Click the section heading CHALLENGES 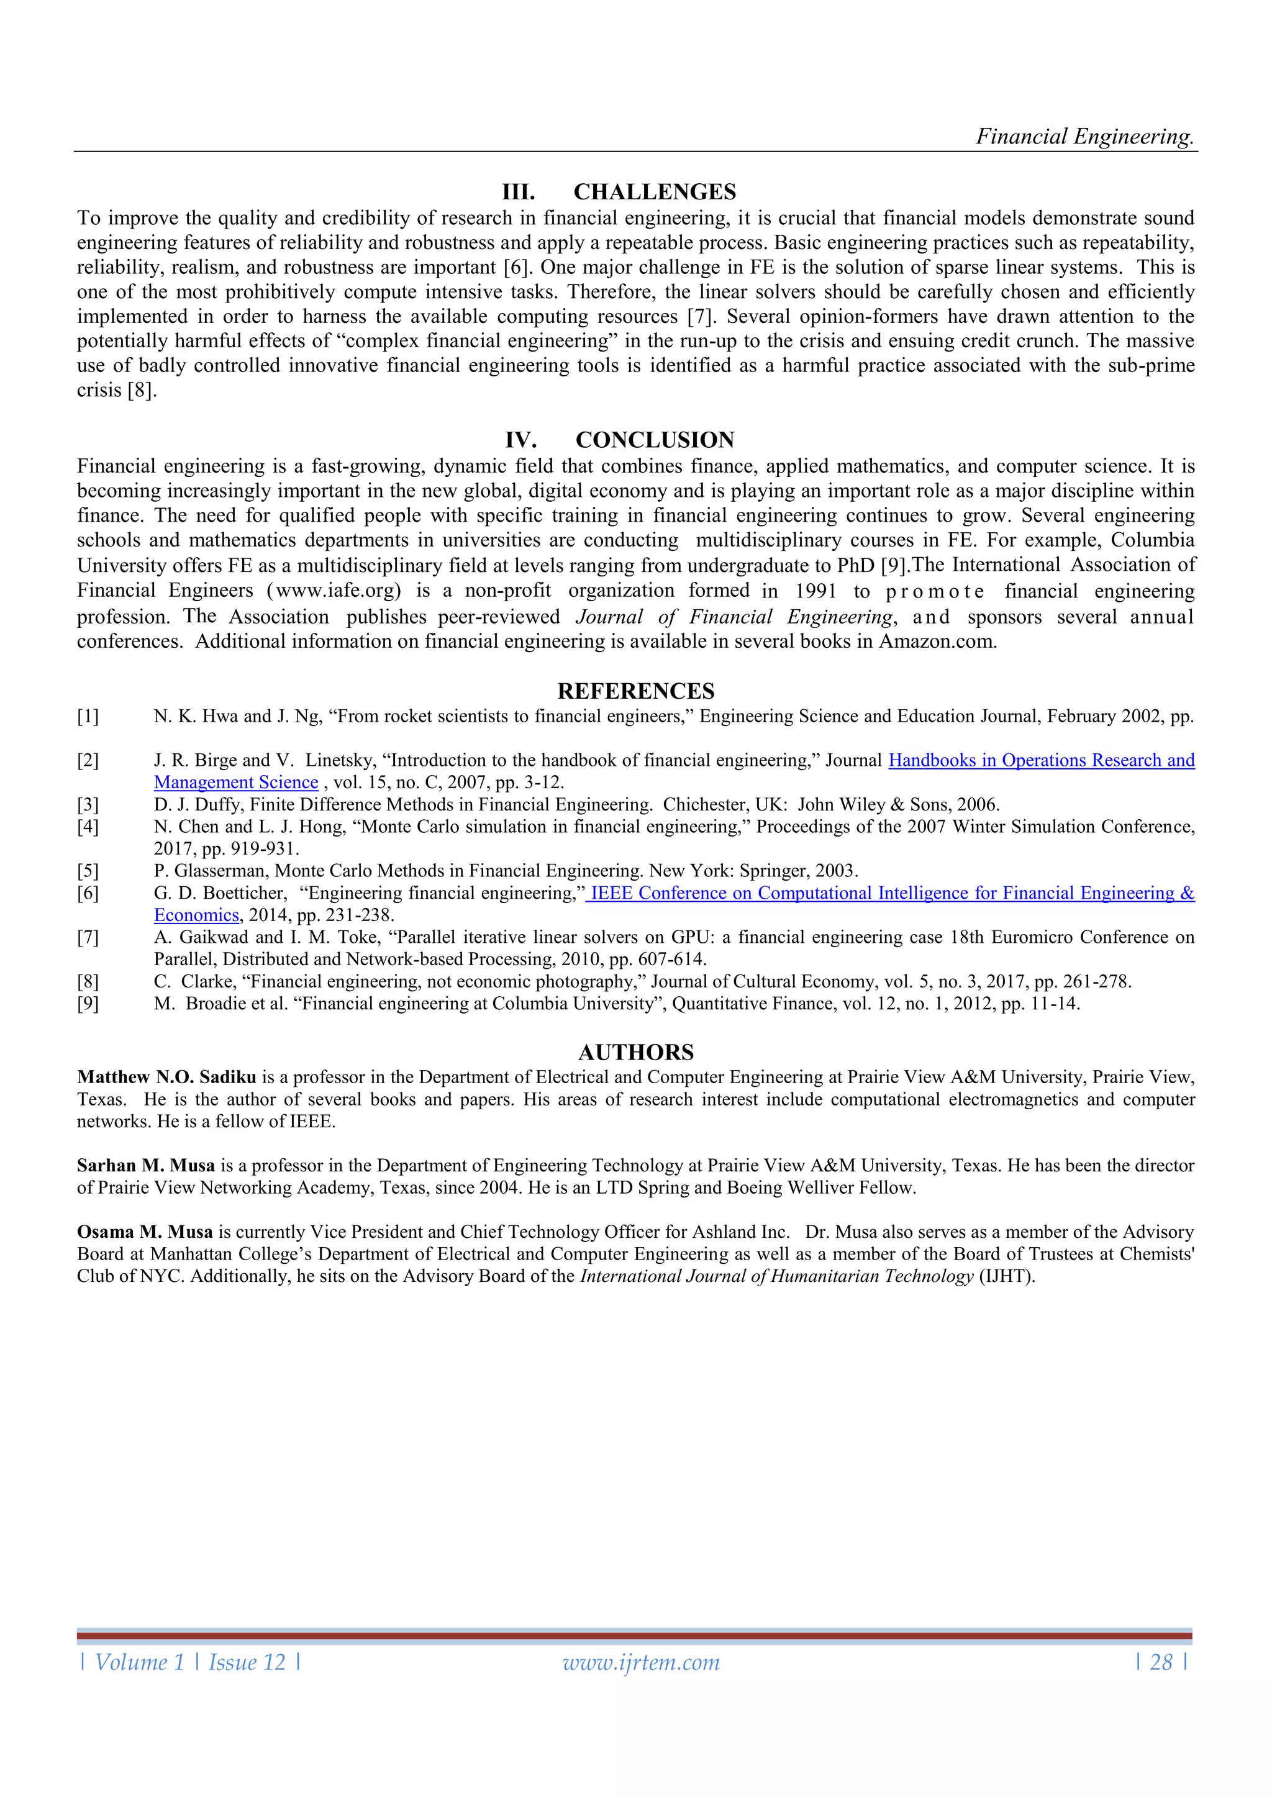pos(654,192)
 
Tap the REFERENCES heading pos(635,691)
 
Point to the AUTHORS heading pos(635,1051)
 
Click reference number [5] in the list pos(88,871)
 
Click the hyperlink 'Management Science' pos(236,783)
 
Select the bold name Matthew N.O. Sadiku pos(166,1078)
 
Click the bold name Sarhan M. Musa pos(146,1165)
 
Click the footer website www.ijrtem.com pos(641,1663)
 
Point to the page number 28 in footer pos(1161,1663)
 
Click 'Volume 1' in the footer pos(139,1663)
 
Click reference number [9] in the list pos(88,1004)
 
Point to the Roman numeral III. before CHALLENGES pos(518,192)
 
